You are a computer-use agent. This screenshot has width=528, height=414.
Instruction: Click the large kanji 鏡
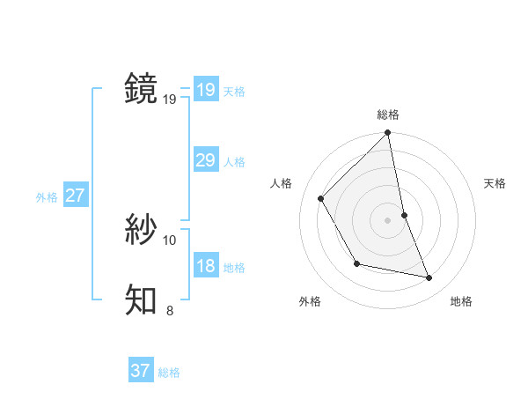click(x=142, y=89)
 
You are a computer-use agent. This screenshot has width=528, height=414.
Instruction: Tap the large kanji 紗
click(x=142, y=230)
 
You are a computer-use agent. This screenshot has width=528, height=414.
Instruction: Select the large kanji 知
click(x=142, y=299)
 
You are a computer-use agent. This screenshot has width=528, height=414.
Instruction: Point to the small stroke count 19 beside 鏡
click(x=170, y=100)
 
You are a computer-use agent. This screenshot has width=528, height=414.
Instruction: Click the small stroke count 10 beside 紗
click(x=170, y=240)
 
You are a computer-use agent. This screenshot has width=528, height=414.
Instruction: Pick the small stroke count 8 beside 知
click(x=170, y=310)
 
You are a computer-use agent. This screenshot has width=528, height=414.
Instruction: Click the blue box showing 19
click(x=205, y=90)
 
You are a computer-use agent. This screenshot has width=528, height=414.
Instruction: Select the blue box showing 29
click(x=205, y=160)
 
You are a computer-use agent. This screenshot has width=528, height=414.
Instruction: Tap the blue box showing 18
click(x=205, y=266)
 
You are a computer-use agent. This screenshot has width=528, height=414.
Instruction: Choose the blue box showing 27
click(x=75, y=196)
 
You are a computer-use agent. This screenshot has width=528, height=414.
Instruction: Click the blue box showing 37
click(x=140, y=371)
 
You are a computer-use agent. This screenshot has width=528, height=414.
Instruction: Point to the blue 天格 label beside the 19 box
click(x=234, y=92)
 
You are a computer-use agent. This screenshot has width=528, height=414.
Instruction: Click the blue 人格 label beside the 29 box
click(x=234, y=162)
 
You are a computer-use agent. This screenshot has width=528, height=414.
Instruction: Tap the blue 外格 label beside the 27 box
click(x=47, y=197)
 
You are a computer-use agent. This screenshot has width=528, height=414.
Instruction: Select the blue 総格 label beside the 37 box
click(x=169, y=373)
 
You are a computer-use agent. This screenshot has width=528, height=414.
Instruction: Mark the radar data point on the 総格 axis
click(x=387, y=134)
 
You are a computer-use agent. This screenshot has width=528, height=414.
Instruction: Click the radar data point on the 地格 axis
click(x=429, y=277)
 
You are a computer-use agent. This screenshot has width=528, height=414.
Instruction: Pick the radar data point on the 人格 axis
click(x=321, y=198)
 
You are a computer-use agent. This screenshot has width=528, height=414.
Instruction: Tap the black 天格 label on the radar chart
click(x=495, y=183)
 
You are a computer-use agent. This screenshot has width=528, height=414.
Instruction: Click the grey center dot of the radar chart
click(x=387, y=219)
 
